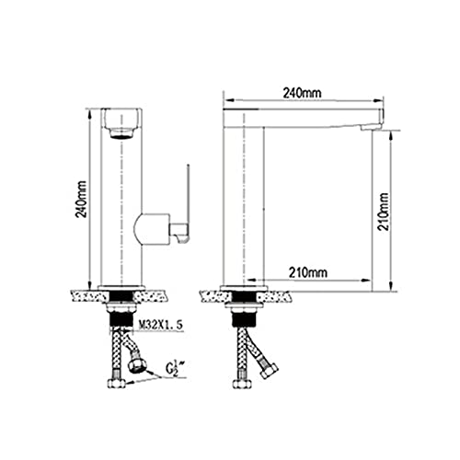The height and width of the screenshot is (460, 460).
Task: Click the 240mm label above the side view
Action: click(x=302, y=93)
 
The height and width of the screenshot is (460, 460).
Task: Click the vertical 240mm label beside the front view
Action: click(x=81, y=200)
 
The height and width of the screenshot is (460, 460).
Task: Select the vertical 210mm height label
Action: click(x=383, y=212)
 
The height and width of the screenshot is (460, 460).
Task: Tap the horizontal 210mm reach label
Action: click(x=308, y=272)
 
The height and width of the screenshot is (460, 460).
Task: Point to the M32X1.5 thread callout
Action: click(x=161, y=325)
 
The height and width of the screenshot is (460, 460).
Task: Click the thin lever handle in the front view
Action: click(x=186, y=204)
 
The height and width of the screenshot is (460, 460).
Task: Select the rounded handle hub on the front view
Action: click(x=152, y=229)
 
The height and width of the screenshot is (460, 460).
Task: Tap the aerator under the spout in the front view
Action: click(x=121, y=133)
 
